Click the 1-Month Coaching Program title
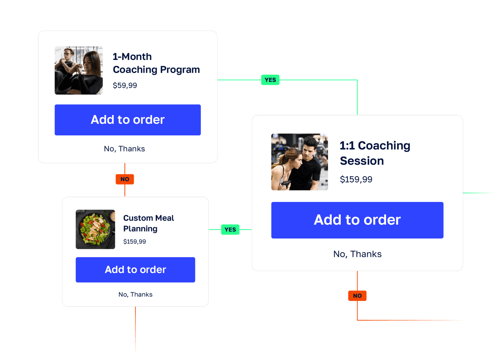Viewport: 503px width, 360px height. pos(156,63)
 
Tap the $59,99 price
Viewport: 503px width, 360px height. pos(125,86)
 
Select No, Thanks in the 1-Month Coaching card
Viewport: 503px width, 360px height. pos(124,149)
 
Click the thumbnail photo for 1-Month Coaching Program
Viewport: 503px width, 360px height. pos(79,70)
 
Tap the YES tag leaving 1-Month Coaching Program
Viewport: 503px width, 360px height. pos(270,80)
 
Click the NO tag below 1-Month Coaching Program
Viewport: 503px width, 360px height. pos(125,179)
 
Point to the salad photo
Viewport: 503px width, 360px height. pos(95,230)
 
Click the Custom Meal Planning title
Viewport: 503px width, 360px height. pos(148,223)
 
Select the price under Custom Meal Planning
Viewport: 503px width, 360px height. pos(135,242)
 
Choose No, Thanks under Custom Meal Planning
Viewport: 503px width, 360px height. pos(135,295)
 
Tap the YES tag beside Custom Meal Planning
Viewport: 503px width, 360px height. pos(230,230)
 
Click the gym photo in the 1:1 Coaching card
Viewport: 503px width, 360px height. pos(299,162)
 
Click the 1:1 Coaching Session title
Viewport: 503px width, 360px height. pos(375,153)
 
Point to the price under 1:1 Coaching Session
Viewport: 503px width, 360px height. pos(356,180)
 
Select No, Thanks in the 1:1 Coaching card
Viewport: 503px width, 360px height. pos(357,254)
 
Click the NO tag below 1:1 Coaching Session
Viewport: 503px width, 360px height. pos(357,296)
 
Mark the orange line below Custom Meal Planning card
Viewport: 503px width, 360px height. pos(135,330)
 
